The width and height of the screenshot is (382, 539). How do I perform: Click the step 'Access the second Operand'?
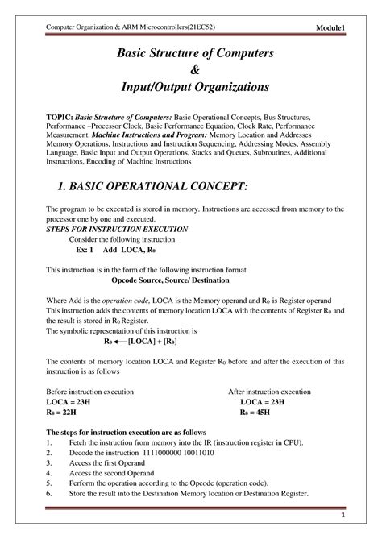point(118,474)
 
